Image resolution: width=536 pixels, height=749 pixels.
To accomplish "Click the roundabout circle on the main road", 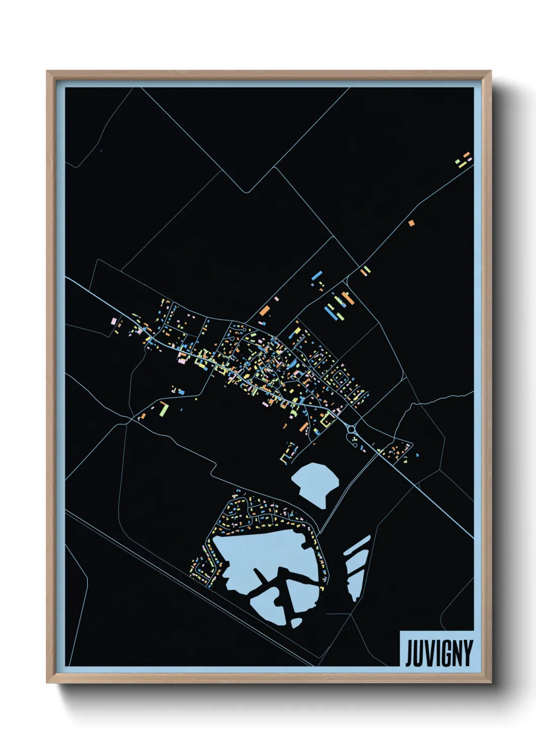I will tap(351, 429).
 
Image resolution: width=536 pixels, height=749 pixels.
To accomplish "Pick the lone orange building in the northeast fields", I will tap(411, 222).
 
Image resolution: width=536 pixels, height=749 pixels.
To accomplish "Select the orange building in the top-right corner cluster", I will tap(466, 154).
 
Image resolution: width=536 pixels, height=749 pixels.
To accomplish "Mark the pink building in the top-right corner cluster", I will tap(470, 159).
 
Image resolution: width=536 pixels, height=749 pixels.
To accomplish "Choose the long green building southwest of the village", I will tap(163, 408).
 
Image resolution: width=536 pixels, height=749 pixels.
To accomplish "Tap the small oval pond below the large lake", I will tap(297, 623).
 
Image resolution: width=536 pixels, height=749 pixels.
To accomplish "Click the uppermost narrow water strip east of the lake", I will tap(357, 545).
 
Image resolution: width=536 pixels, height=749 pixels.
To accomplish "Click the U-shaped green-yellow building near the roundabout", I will tap(327, 419).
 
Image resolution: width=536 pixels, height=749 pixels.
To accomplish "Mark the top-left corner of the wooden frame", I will tap(48, 72).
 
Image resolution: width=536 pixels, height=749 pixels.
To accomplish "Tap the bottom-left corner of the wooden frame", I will tap(48, 682).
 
